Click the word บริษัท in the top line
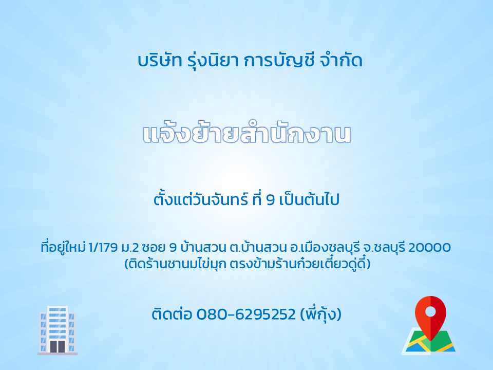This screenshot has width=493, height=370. (160, 61)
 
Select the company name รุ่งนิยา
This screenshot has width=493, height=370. (213, 61)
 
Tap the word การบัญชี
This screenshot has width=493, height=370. (279, 61)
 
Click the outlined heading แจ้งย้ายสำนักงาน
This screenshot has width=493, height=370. (246, 133)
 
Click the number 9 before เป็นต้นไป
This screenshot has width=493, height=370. (271, 200)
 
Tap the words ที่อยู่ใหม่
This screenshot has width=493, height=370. (63, 247)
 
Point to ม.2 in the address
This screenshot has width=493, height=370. (129, 248)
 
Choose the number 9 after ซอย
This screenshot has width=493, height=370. (173, 248)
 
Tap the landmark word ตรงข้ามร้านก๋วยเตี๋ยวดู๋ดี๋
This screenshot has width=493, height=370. (300, 264)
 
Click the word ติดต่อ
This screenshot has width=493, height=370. (172, 313)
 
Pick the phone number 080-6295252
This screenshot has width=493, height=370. (246, 314)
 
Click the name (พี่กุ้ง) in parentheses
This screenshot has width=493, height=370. (320, 314)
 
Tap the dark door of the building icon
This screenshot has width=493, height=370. (58, 346)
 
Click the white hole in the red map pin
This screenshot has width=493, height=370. (430, 311)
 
